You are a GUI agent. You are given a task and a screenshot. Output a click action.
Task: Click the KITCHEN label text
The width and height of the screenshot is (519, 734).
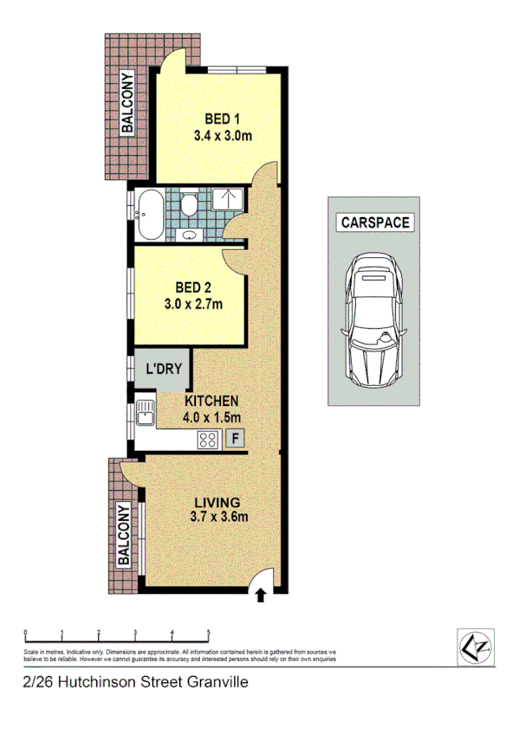tap(211, 402)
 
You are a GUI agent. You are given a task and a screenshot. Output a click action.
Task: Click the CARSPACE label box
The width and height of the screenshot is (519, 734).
tap(376, 222)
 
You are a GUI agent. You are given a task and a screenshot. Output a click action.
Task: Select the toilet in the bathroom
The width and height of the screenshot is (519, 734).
tap(189, 203)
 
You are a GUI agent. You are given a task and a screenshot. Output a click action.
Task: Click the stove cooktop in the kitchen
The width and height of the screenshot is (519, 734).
tap(208, 440)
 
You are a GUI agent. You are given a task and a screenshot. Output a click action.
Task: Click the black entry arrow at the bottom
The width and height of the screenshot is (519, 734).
tap(260, 594)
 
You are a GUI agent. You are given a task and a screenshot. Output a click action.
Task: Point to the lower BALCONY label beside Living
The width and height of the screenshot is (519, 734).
tap(125, 533)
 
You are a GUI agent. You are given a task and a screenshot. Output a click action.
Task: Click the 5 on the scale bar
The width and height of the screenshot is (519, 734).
tap(208, 631)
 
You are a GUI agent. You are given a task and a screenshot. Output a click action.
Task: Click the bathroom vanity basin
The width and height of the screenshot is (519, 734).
tap(190, 235)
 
